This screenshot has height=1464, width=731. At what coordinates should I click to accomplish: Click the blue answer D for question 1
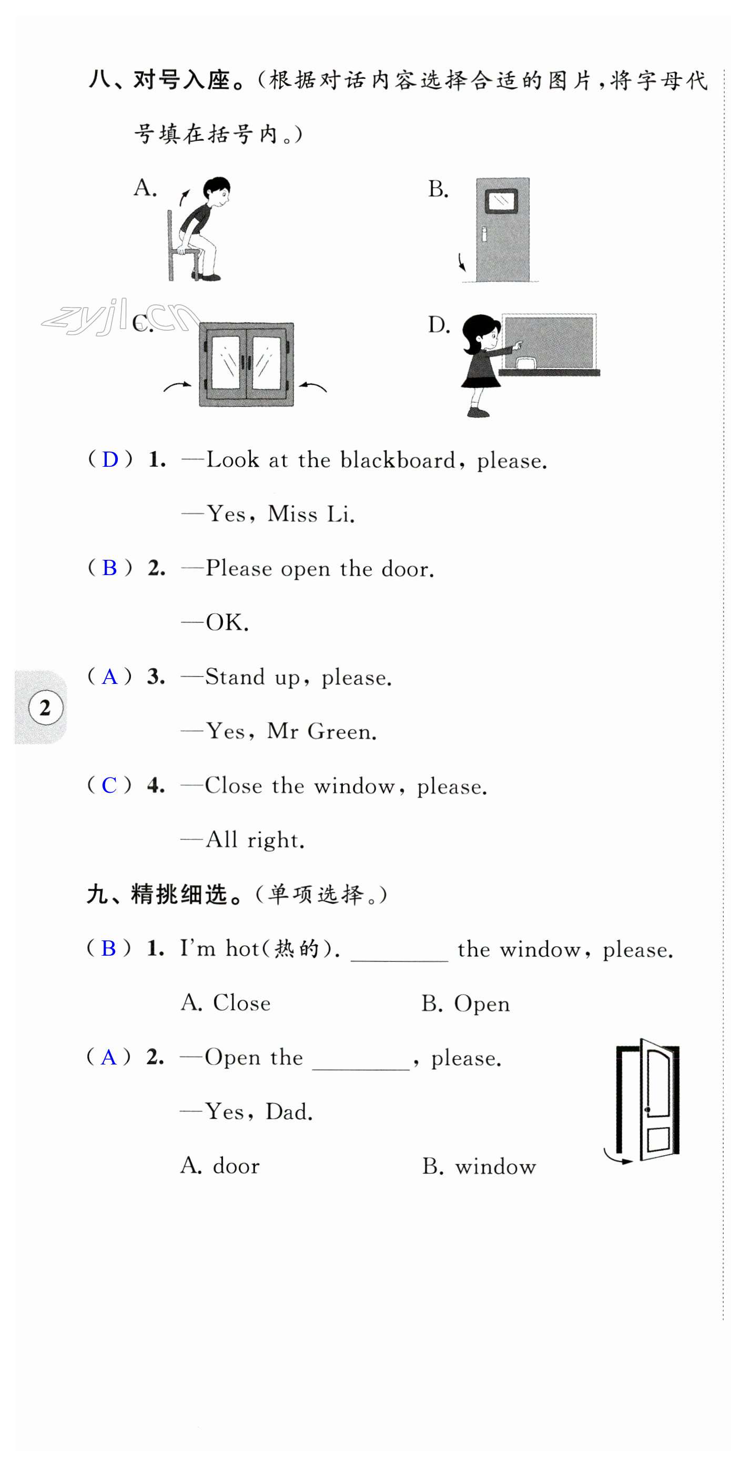(110, 459)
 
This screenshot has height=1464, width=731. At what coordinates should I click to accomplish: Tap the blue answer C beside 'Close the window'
(109, 785)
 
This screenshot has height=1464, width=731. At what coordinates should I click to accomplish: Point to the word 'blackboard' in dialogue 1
(398, 460)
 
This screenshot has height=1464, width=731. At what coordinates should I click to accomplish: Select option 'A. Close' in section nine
(226, 1003)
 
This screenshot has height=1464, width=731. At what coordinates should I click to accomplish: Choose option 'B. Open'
(465, 1004)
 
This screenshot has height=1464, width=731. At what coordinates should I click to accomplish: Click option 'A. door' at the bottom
(220, 1166)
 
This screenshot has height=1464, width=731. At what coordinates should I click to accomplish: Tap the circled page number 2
(45, 708)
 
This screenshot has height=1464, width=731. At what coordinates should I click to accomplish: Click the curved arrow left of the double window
(177, 387)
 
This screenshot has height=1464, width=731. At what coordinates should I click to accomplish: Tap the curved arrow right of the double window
(313, 387)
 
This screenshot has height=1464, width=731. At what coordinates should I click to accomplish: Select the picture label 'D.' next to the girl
(438, 325)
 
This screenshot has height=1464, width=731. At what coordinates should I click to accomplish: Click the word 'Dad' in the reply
(289, 1112)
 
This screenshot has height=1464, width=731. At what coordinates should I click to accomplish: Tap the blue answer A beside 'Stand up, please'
(109, 677)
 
